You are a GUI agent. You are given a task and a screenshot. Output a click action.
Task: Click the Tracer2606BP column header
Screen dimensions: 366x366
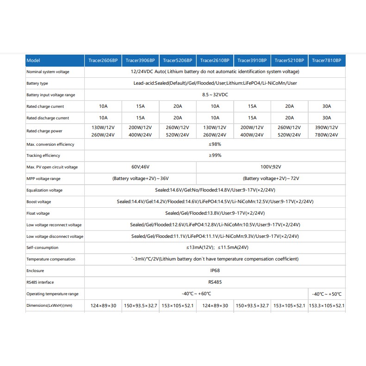[x=103, y=61]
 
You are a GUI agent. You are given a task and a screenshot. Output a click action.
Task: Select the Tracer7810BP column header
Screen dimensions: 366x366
[x=326, y=61]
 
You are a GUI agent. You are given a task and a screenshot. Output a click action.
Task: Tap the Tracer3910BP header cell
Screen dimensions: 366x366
[x=252, y=61]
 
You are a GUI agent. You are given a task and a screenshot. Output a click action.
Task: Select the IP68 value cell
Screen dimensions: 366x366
[x=215, y=271]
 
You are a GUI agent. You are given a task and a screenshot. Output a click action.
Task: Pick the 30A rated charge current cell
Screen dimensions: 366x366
[x=326, y=106]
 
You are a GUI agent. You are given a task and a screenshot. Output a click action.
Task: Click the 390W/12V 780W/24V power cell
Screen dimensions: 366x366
[x=326, y=131]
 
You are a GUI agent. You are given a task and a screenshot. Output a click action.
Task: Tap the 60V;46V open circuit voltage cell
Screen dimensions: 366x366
[x=140, y=167]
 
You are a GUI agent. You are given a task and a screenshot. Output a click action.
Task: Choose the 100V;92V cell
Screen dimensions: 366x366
[x=271, y=167]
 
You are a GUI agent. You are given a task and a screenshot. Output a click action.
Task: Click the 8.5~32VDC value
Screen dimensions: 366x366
[x=215, y=95]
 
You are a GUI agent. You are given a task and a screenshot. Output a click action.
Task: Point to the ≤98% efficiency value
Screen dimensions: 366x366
[x=215, y=144]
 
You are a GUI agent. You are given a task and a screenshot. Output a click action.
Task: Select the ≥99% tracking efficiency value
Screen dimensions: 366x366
[x=215, y=155]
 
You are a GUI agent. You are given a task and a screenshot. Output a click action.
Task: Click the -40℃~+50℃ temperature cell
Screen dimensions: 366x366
[x=327, y=294]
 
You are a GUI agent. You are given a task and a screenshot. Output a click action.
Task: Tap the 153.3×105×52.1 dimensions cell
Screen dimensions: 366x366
[x=327, y=305]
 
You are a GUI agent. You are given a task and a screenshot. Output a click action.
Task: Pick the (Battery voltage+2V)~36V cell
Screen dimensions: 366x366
[x=140, y=179]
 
